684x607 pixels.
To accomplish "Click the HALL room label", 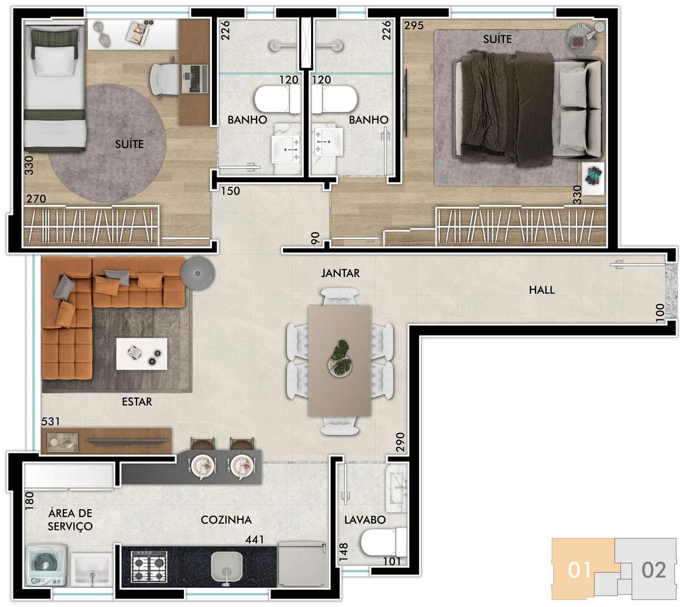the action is click(x=541, y=290).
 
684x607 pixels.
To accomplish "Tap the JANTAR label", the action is click(x=340, y=273).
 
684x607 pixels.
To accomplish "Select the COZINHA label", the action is click(x=226, y=520).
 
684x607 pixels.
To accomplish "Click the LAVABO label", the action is click(x=364, y=520).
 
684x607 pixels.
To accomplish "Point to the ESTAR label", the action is click(x=137, y=402).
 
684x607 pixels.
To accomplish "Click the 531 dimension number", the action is click(x=51, y=422).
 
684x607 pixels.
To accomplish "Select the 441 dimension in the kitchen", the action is click(x=254, y=540).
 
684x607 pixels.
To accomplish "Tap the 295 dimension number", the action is click(x=413, y=25).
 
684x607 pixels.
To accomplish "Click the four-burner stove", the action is click(x=149, y=566).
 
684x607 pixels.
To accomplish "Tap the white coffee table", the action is click(x=141, y=354).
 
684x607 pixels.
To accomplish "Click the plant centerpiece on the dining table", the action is click(x=340, y=359).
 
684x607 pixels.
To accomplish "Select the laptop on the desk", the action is click(x=195, y=79).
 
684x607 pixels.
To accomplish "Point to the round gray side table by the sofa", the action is click(x=197, y=273).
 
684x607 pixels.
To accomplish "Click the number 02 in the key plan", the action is click(x=654, y=570).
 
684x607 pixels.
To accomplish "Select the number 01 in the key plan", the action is click(x=579, y=570).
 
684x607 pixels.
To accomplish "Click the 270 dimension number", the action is click(x=36, y=199).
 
